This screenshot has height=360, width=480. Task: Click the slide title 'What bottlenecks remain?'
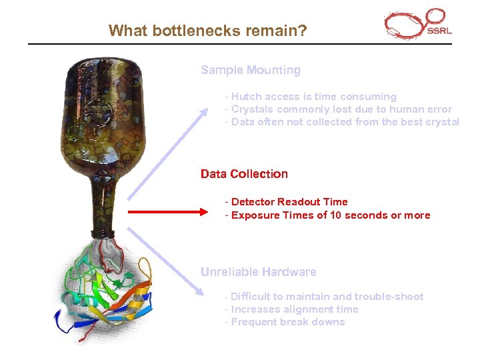[x=207, y=31]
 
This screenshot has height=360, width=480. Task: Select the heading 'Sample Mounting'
[x=251, y=70]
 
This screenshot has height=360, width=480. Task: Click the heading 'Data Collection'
[x=244, y=174]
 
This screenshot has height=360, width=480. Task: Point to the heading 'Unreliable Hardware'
[x=259, y=272]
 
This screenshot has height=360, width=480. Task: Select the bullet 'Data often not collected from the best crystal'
[x=342, y=122]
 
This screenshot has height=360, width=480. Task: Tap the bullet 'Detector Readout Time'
[x=287, y=202]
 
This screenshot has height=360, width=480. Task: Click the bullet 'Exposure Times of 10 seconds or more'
[x=328, y=215]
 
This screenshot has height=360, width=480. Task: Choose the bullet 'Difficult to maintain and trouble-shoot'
[x=324, y=297]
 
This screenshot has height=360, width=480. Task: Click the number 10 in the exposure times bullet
[x=337, y=215]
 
